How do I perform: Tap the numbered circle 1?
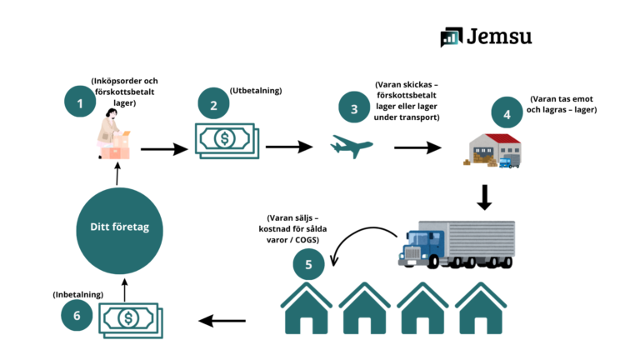tap(80, 104)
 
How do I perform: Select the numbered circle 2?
tap(213, 105)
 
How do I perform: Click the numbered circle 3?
tap(353, 108)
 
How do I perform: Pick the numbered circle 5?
tap(309, 265)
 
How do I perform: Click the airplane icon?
tap(352, 147)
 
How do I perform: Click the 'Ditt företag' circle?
tap(117, 227)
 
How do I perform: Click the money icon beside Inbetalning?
tap(130, 318)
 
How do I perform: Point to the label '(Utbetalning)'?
tap(255, 90)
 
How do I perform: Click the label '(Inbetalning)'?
tap(78, 293)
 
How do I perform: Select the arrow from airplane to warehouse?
tap(417, 148)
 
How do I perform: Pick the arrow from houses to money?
tap(222, 318)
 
